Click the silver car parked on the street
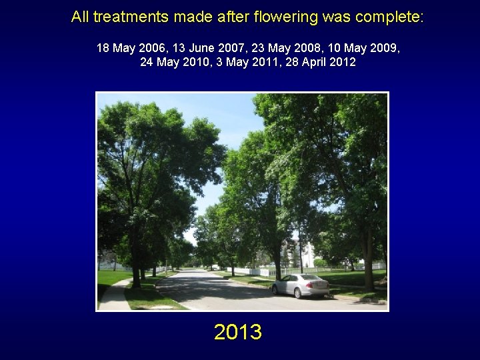pos(301,285)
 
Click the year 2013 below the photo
pos(238,331)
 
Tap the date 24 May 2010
pos(176,62)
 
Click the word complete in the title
pos(391,17)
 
